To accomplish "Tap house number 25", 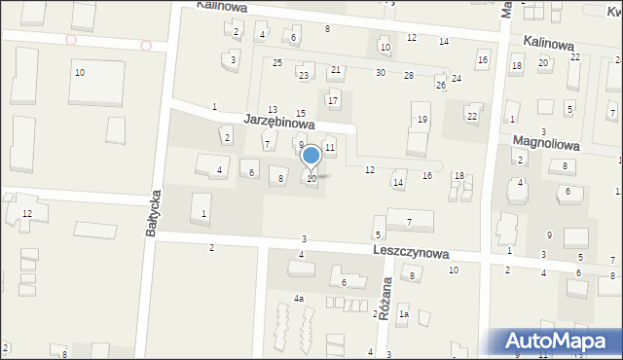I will [277, 63].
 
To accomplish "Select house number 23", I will [305, 75].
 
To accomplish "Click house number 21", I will [336, 70].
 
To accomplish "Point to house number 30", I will [381, 73].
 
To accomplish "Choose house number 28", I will [409, 75].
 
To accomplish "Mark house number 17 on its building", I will [333, 100].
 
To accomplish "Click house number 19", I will [421, 120].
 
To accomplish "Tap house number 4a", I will [299, 299].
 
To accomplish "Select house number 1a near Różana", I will [402, 313].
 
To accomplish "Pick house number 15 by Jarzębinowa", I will [301, 114].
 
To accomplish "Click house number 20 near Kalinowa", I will [543, 62].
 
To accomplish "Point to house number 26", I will [440, 86].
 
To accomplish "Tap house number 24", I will [456, 78].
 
